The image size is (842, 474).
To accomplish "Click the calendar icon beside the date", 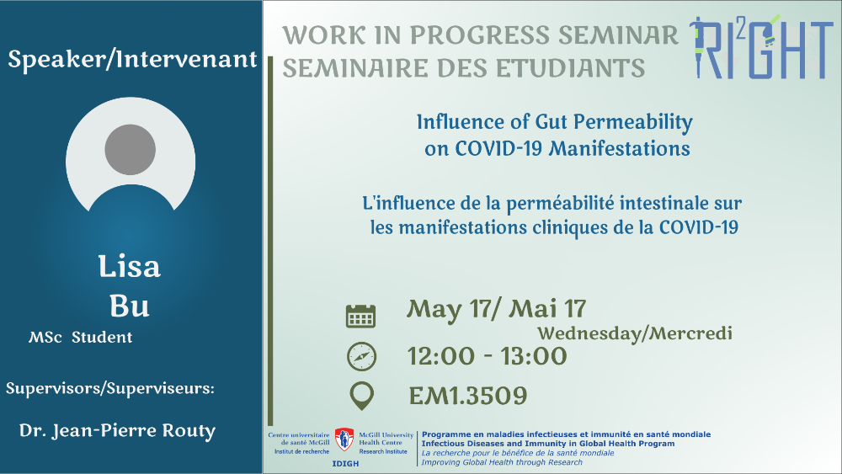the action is pyautogui.click(x=360, y=317).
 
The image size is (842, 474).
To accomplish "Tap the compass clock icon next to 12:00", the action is pyautogui.click(x=361, y=356).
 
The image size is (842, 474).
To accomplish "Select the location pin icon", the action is pyautogui.click(x=361, y=397).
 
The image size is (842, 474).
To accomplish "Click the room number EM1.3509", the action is pyautogui.click(x=467, y=397).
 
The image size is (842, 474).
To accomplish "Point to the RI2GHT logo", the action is pyautogui.click(x=761, y=47).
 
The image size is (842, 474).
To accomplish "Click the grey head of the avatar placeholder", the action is pyautogui.click(x=130, y=150).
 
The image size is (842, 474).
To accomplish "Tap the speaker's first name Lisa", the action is pyautogui.click(x=130, y=267).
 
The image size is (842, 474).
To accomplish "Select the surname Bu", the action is pyautogui.click(x=130, y=306).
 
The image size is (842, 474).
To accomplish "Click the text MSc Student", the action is pyautogui.click(x=81, y=337).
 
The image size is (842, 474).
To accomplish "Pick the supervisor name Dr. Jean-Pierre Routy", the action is pyautogui.click(x=117, y=430).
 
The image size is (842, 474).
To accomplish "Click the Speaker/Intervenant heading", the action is pyautogui.click(x=133, y=59).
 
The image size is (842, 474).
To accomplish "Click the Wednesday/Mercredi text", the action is pyautogui.click(x=635, y=333).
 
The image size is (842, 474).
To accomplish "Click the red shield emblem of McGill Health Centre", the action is pyautogui.click(x=344, y=439).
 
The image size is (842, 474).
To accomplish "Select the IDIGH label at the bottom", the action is pyautogui.click(x=345, y=463).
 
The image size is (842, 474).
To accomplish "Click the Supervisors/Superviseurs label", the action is pyautogui.click(x=110, y=388).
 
